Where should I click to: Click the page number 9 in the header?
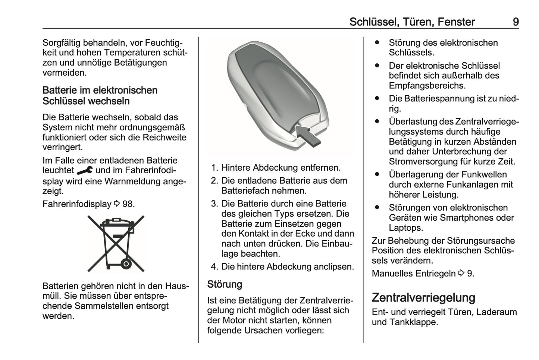pos(515,22)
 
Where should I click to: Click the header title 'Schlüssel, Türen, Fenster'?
pos(412,22)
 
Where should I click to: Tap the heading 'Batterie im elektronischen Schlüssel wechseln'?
pos(100,96)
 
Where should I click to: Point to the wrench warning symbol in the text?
pos(85,171)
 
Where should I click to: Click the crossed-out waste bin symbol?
pos(116,243)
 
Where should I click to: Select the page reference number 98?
pos(128,204)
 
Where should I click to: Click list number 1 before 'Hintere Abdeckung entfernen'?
pos(214,168)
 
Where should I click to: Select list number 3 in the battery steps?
pos(214,204)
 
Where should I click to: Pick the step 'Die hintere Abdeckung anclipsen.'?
pos(287,267)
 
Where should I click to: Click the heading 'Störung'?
pos(225,284)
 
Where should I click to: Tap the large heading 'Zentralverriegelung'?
pos(423,297)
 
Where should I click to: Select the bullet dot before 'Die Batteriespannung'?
pos(377,99)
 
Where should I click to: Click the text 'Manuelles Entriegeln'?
pos(413,274)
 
